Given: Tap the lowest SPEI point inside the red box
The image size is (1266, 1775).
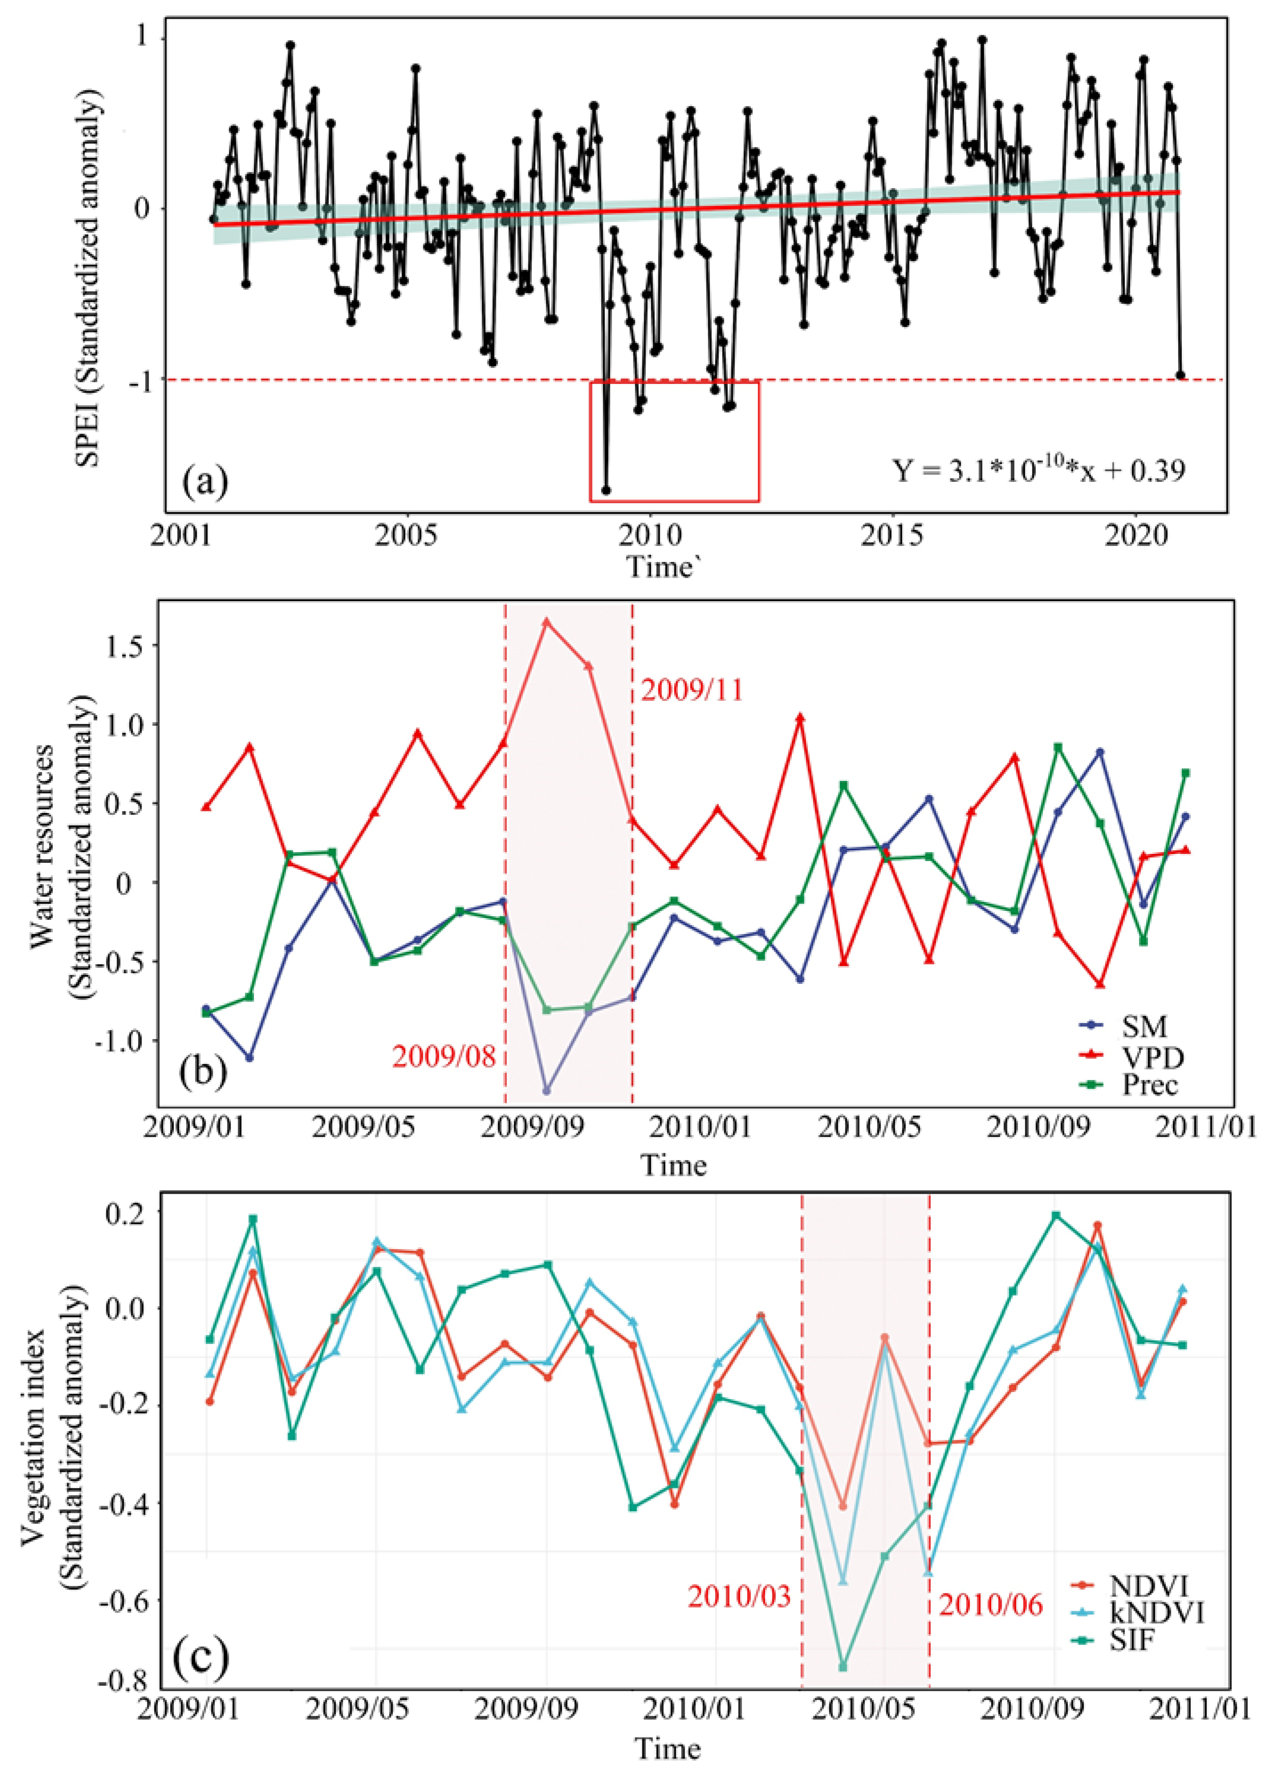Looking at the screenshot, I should (x=606, y=490).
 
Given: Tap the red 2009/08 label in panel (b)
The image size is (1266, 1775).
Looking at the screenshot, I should (x=444, y=1057).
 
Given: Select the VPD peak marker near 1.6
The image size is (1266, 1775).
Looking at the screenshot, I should (x=547, y=622).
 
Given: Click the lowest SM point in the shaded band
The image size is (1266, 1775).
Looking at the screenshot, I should (x=547, y=1089).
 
